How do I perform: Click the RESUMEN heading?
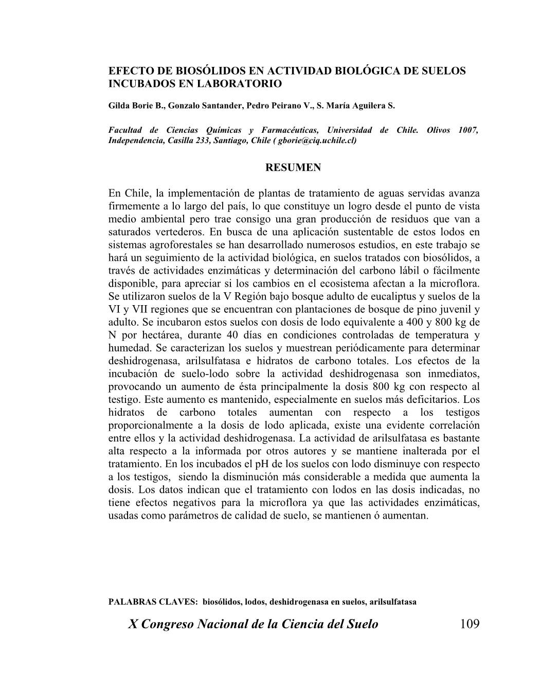click(x=293, y=168)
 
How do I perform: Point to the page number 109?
click(x=469, y=624)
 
